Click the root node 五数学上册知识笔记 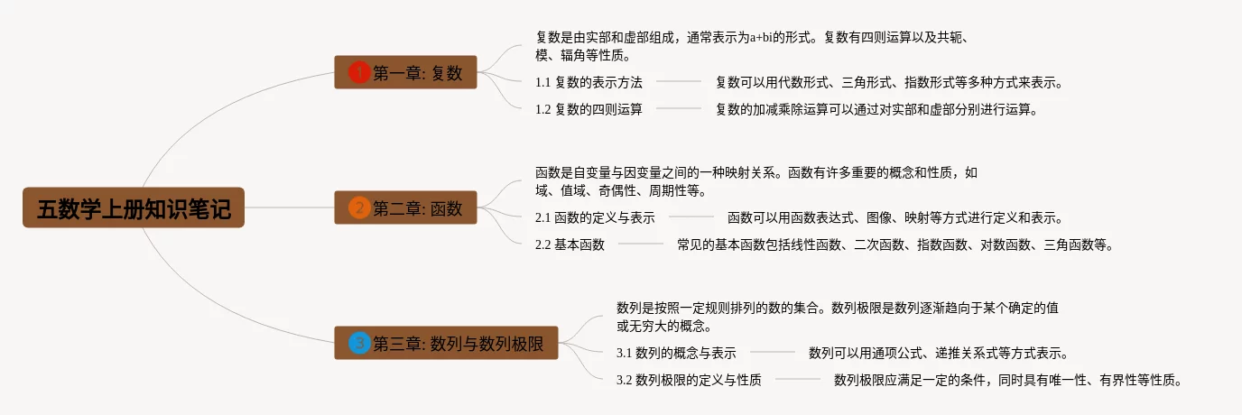(x=134, y=208)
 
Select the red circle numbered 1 (x=359, y=73)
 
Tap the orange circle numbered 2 (x=359, y=208)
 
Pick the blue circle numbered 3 (x=359, y=343)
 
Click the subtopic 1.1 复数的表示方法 (x=589, y=82)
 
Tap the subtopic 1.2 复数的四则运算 (x=589, y=109)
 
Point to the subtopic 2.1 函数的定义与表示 (x=595, y=217)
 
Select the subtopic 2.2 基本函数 (x=570, y=244)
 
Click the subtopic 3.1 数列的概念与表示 (x=676, y=353)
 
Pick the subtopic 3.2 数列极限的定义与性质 (x=689, y=380)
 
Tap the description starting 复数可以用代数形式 (x=888, y=82)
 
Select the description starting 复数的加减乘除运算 (x=876, y=109)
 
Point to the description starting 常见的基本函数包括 (x=894, y=244)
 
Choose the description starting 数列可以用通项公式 (x=939, y=353)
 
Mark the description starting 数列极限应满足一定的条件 (x=1007, y=380)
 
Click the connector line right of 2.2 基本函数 (x=641, y=244)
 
